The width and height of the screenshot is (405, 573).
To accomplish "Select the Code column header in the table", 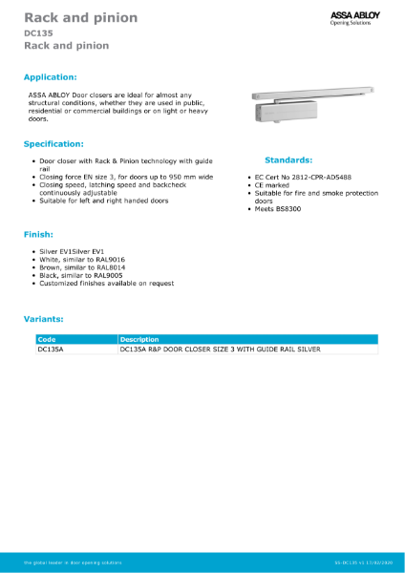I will tap(47, 339).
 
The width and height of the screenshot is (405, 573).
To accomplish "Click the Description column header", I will tap(139, 339).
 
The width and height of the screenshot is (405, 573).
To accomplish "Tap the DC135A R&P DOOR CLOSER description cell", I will tap(219, 350).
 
